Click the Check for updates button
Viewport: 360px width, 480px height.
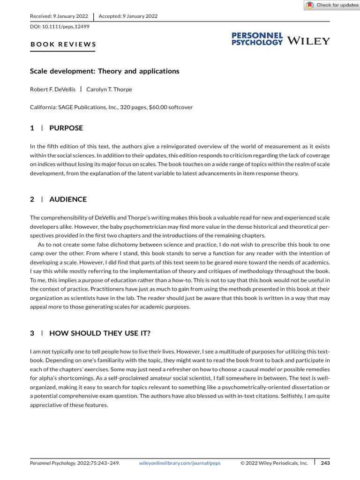point(332,5)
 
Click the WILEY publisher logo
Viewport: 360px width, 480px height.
point(308,41)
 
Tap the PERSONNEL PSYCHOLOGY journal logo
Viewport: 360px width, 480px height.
point(257,39)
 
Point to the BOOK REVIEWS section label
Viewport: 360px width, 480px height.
point(63,45)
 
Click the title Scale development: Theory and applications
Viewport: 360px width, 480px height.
point(105,71)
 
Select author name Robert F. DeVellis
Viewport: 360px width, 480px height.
point(53,89)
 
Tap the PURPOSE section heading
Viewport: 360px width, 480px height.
point(66,128)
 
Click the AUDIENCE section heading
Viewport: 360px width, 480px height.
point(67,199)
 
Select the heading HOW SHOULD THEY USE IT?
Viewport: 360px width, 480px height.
point(99,333)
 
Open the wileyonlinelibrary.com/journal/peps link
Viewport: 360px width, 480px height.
point(180,463)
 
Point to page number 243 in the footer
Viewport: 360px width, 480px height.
point(325,463)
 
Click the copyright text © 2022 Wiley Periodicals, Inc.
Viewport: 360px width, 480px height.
point(274,463)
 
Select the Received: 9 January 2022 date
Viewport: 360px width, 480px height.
point(60,16)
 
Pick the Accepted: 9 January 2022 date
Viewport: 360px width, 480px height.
point(128,16)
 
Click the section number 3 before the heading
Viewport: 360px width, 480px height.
point(32,333)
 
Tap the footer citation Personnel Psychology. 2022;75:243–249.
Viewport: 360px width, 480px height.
point(75,463)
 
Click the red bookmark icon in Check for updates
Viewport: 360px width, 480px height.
point(309,5)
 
